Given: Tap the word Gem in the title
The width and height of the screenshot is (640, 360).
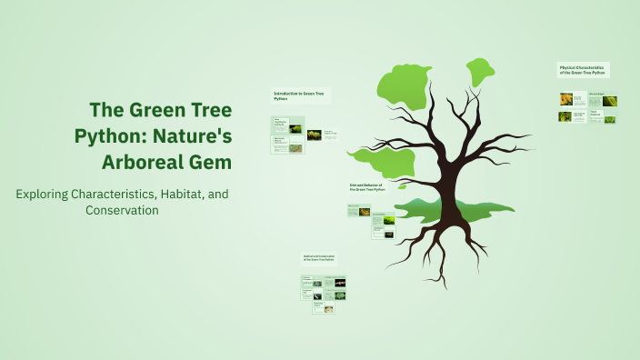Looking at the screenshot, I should [x=212, y=162].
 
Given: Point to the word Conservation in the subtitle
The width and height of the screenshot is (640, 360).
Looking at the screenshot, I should [x=122, y=210].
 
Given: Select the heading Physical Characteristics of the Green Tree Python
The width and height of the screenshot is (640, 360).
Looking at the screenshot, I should [x=583, y=70].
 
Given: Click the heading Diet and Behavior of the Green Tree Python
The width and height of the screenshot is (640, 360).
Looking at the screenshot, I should [x=368, y=187].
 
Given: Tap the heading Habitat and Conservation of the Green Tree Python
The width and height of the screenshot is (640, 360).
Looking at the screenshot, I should [x=325, y=258].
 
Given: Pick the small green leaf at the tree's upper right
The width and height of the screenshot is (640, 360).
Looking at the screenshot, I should [x=481, y=72].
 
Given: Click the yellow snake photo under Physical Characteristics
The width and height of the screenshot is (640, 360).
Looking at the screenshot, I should [x=565, y=99].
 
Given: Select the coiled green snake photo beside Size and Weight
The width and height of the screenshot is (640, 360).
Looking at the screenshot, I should [x=609, y=101].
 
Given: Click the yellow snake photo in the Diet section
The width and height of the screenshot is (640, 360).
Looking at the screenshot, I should [x=365, y=213].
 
